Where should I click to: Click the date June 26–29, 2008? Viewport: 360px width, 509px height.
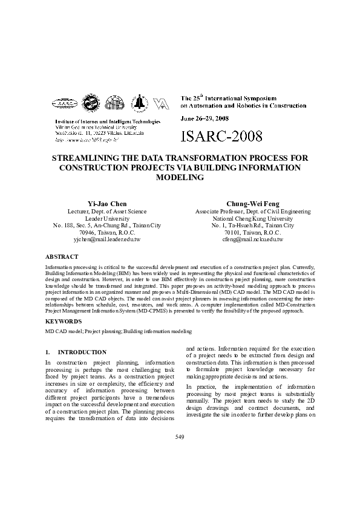(x=203, y=118)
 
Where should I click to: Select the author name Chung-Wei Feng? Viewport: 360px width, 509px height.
(x=253, y=204)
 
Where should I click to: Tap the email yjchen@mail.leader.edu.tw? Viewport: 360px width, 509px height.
(x=106, y=239)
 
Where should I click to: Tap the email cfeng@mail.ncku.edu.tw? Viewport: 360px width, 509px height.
(x=253, y=239)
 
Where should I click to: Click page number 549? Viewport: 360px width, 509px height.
(x=180, y=436)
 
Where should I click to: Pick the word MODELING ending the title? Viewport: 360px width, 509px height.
(x=180, y=178)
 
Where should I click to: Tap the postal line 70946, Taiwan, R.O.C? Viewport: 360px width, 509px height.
(x=106, y=232)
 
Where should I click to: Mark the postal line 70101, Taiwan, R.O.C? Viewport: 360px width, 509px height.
(x=253, y=232)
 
